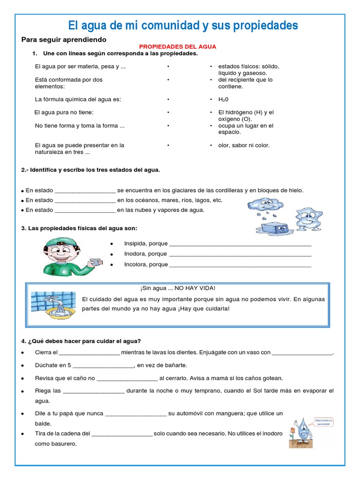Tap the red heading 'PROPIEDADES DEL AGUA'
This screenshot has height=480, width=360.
click(x=178, y=47)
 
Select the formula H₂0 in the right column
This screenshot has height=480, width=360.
click(x=223, y=100)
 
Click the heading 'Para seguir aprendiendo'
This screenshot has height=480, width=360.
click(x=64, y=39)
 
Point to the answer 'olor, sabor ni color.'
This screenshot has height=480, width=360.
click(x=244, y=145)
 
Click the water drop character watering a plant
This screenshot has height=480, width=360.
click(x=305, y=430)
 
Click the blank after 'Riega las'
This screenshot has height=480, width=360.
click(x=94, y=391)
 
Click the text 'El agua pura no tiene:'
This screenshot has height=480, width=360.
click(x=64, y=112)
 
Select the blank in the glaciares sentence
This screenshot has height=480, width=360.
click(x=85, y=190)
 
